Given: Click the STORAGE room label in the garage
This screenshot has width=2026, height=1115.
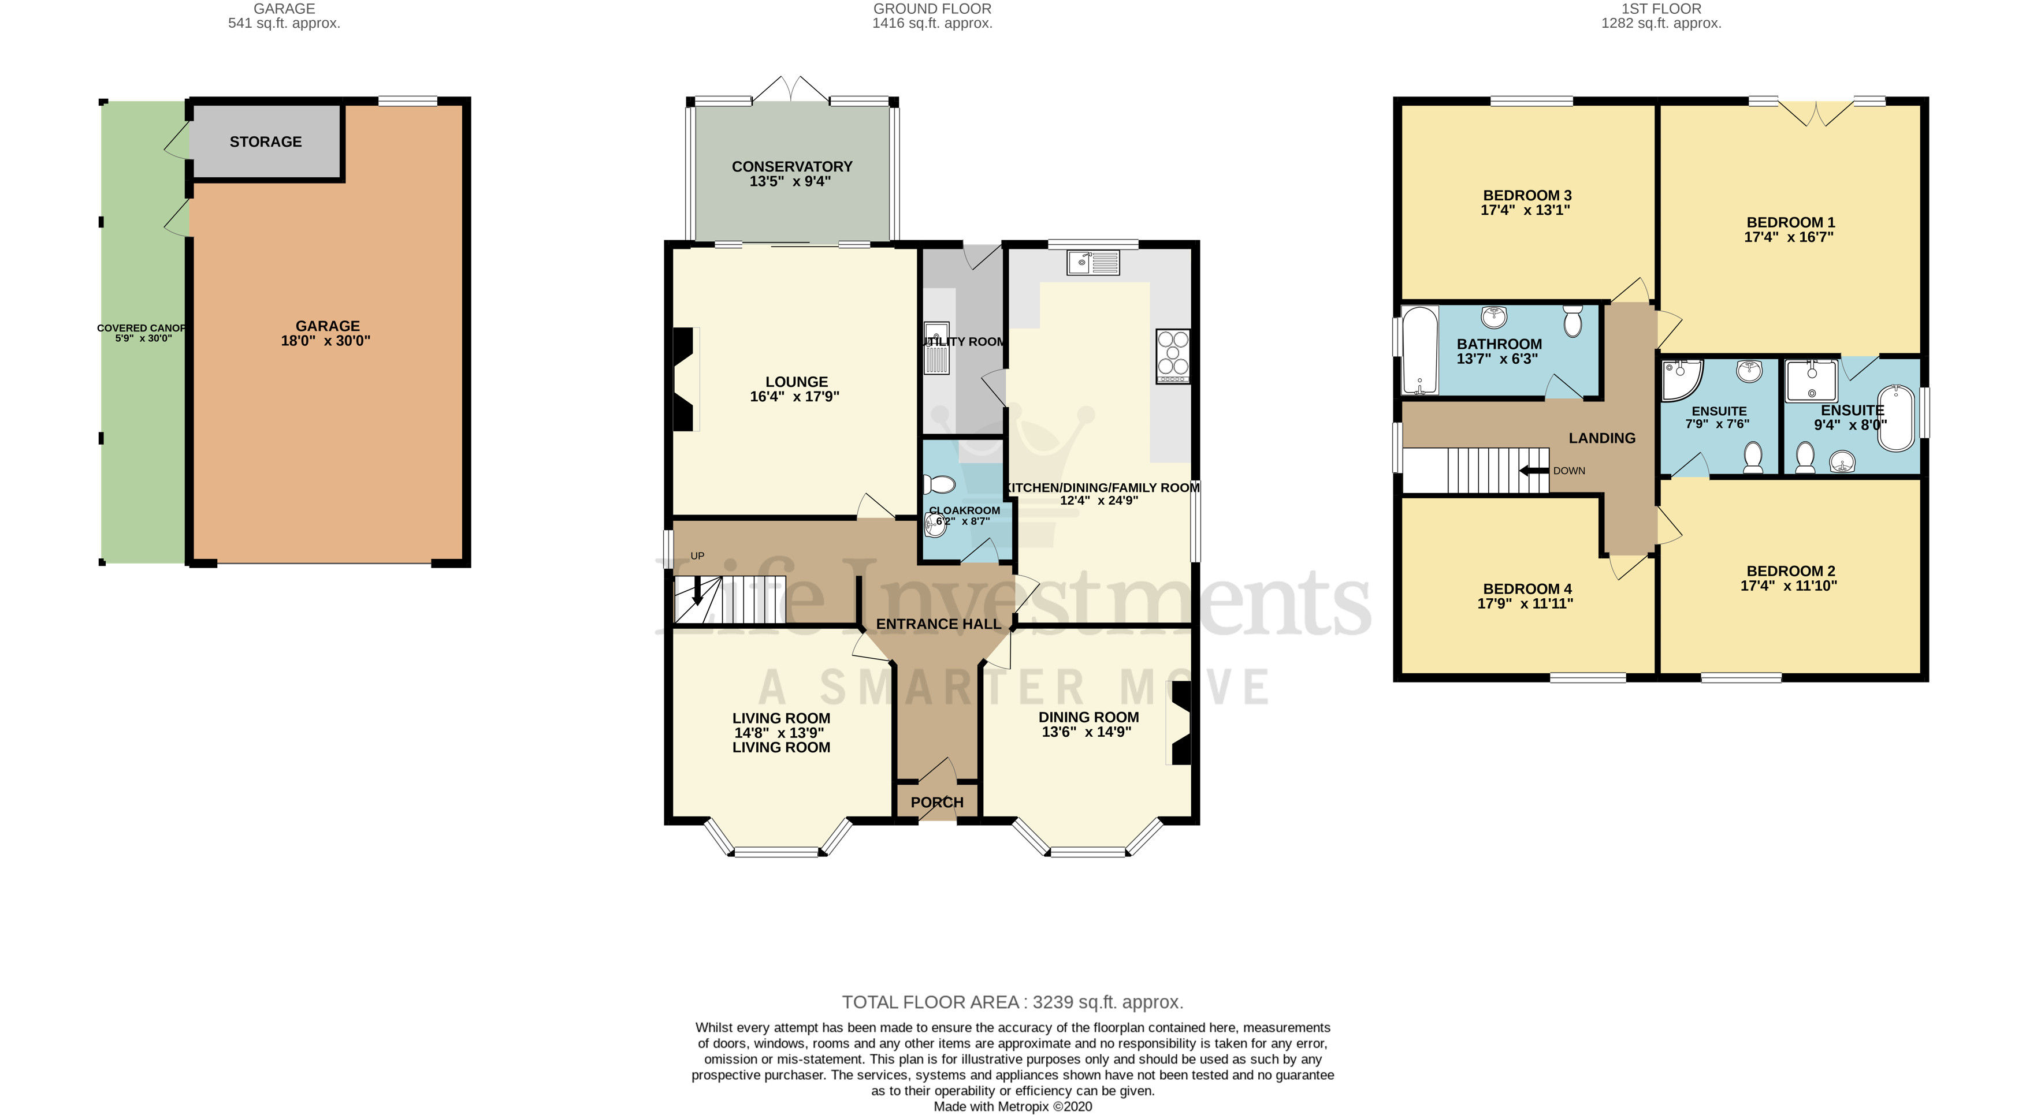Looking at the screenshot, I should coord(265,141).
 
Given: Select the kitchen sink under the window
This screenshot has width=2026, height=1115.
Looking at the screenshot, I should coord(1092,262).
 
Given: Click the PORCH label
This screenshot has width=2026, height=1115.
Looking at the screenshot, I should coord(936,802).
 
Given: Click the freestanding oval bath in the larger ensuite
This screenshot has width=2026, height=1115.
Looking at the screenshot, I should coord(1897,417).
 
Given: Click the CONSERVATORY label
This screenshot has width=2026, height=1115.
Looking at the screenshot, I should coord(791,167).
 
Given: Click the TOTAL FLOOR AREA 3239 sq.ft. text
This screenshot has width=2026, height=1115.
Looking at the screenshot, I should coord(1012,1002).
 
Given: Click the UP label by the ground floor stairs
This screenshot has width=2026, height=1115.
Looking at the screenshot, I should coord(697,556).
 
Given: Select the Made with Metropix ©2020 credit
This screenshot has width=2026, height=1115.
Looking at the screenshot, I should coord(1012,1106).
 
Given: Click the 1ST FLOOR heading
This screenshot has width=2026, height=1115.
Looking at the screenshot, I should coord(1660,9).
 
